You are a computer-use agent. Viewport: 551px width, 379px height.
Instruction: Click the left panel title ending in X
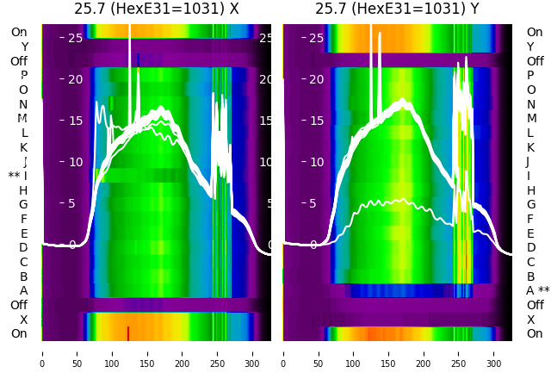[x=156, y=9]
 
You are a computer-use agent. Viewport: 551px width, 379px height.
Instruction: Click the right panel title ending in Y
[x=398, y=9]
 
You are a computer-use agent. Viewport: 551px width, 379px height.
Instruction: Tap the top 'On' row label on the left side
[x=19, y=33]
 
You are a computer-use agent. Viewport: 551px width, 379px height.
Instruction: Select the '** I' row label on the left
[x=18, y=176]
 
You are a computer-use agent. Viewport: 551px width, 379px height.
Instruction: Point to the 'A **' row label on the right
[x=537, y=290]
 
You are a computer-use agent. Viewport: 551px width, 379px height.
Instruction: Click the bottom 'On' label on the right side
[x=535, y=333]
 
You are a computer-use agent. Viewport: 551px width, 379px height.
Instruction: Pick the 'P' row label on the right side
[x=531, y=76]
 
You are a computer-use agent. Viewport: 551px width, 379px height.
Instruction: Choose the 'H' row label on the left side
[x=23, y=190]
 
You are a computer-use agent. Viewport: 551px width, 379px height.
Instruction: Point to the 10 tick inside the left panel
[x=76, y=162]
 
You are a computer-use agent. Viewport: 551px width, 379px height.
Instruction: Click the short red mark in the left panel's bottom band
[x=127, y=332]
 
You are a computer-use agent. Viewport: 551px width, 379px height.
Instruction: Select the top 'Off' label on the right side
[x=535, y=61]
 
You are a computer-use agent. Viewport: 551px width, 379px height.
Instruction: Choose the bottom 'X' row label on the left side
[x=23, y=320]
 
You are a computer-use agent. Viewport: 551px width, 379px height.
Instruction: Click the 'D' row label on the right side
[x=531, y=248]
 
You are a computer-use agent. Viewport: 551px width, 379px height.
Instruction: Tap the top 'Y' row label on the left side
[x=24, y=47]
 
